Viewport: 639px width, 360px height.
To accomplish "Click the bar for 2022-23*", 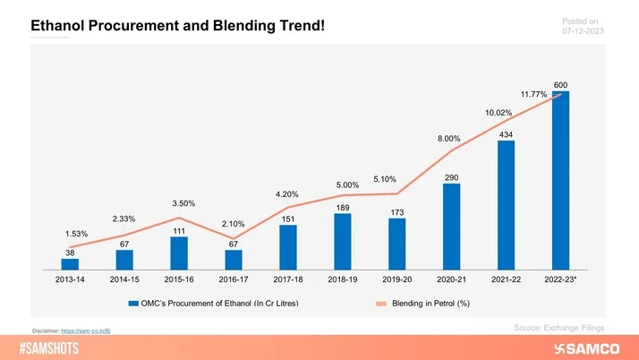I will (x=560, y=180).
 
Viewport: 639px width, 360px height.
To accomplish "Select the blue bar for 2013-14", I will (x=70, y=264).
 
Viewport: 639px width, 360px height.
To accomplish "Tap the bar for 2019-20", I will (x=396, y=244).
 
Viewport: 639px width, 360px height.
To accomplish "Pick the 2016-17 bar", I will (x=233, y=260).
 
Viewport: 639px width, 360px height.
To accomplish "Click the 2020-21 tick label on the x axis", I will (x=451, y=281).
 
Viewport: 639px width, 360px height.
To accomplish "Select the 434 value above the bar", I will (x=506, y=134).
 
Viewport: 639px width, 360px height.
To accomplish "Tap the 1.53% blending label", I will (x=76, y=234).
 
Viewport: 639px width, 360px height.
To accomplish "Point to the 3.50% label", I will (x=183, y=203).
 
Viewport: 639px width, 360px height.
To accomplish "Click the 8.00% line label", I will (x=448, y=139).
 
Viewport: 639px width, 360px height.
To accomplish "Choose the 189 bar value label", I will (x=342, y=208).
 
